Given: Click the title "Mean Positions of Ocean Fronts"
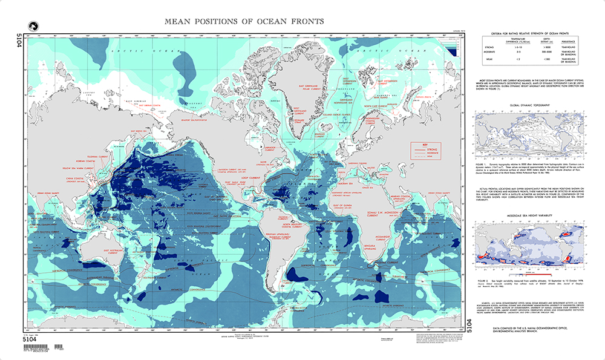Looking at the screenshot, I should tap(244, 22).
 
